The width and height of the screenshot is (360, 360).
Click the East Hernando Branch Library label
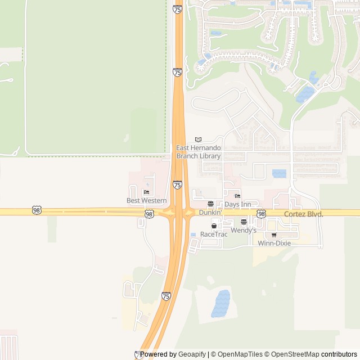click(x=199, y=152)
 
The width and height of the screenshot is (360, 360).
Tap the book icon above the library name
click(x=198, y=139)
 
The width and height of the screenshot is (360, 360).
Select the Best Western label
click(x=146, y=200)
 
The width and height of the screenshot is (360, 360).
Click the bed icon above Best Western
click(x=146, y=192)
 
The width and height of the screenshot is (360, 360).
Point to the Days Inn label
click(x=237, y=204)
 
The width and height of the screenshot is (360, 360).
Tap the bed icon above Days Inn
click(x=237, y=196)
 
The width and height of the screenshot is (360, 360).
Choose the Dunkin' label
click(x=210, y=213)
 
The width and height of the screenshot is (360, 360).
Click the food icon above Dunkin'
click(x=210, y=204)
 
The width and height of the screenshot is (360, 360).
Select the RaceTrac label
click(x=214, y=234)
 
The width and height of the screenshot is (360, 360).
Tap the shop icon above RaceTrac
click(x=214, y=226)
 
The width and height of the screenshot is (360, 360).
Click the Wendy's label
click(x=244, y=230)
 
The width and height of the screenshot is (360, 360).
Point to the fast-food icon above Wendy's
click(x=244, y=222)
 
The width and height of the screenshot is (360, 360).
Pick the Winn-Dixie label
click(x=274, y=244)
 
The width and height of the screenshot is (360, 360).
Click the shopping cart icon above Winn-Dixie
click(x=274, y=235)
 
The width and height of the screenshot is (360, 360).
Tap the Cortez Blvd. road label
click(x=304, y=214)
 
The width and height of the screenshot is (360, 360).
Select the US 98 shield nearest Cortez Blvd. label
click(x=262, y=214)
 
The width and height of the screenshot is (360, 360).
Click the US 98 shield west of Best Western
click(x=37, y=210)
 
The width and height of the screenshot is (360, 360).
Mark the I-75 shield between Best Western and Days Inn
click(x=177, y=184)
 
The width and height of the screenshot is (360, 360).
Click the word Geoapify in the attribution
click(x=192, y=354)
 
